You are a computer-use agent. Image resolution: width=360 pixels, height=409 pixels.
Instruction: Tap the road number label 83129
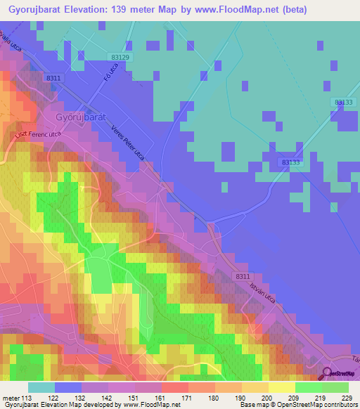pyautogui.click(x=121, y=56)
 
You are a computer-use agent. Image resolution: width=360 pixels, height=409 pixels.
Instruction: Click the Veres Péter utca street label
pyautogui.click(x=128, y=142)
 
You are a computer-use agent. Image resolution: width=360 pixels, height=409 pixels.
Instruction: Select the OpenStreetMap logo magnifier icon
pyautogui.click(x=326, y=375)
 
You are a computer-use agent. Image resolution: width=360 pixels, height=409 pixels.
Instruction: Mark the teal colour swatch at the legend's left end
pyautogui.click(x=41, y=387)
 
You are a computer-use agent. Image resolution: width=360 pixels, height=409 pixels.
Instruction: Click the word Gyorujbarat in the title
pyautogui.click(x=39, y=10)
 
